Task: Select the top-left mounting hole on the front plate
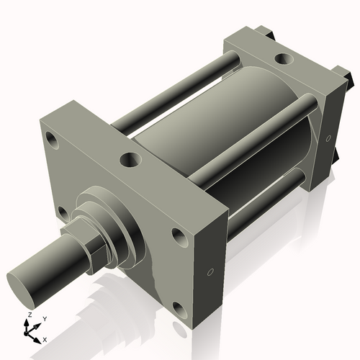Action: [50, 137]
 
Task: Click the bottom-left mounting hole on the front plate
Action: [63, 212]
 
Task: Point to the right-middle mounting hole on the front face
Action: [178, 235]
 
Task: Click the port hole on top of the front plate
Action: [131, 159]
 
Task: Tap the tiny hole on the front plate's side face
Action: [210, 273]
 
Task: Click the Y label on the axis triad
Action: [44, 318]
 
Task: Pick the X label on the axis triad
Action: [45, 338]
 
